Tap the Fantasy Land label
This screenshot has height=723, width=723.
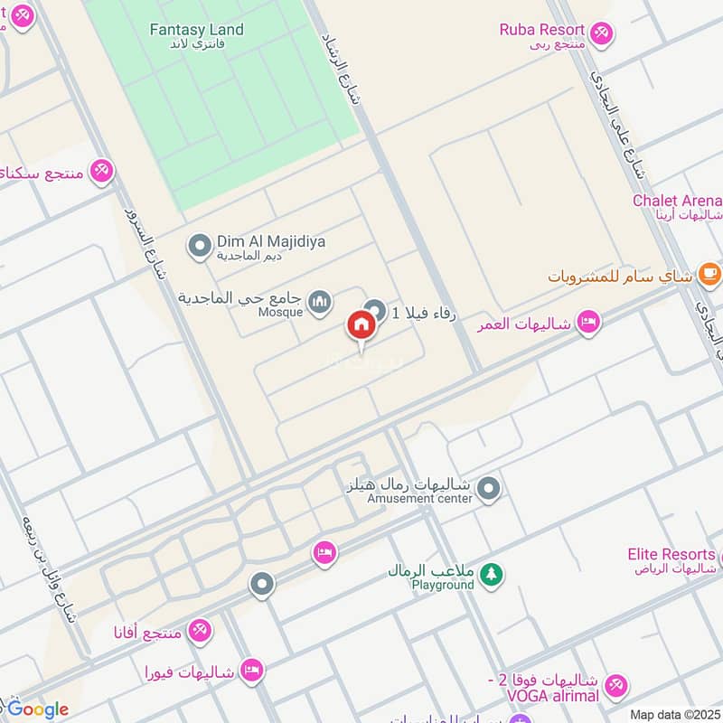click(196, 30)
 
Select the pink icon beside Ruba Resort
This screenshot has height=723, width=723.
click(601, 34)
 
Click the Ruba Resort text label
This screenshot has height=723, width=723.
click(541, 30)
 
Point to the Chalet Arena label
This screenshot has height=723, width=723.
click(677, 201)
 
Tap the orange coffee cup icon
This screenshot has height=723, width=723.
click(709, 271)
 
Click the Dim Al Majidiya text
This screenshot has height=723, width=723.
click(258, 241)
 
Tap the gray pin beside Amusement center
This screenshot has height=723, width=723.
click(489, 489)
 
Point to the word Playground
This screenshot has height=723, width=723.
click(443, 585)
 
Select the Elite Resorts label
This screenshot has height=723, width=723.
click(671, 553)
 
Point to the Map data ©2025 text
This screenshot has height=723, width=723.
click(674, 714)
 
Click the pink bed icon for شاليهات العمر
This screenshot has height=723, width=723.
click(588, 322)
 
